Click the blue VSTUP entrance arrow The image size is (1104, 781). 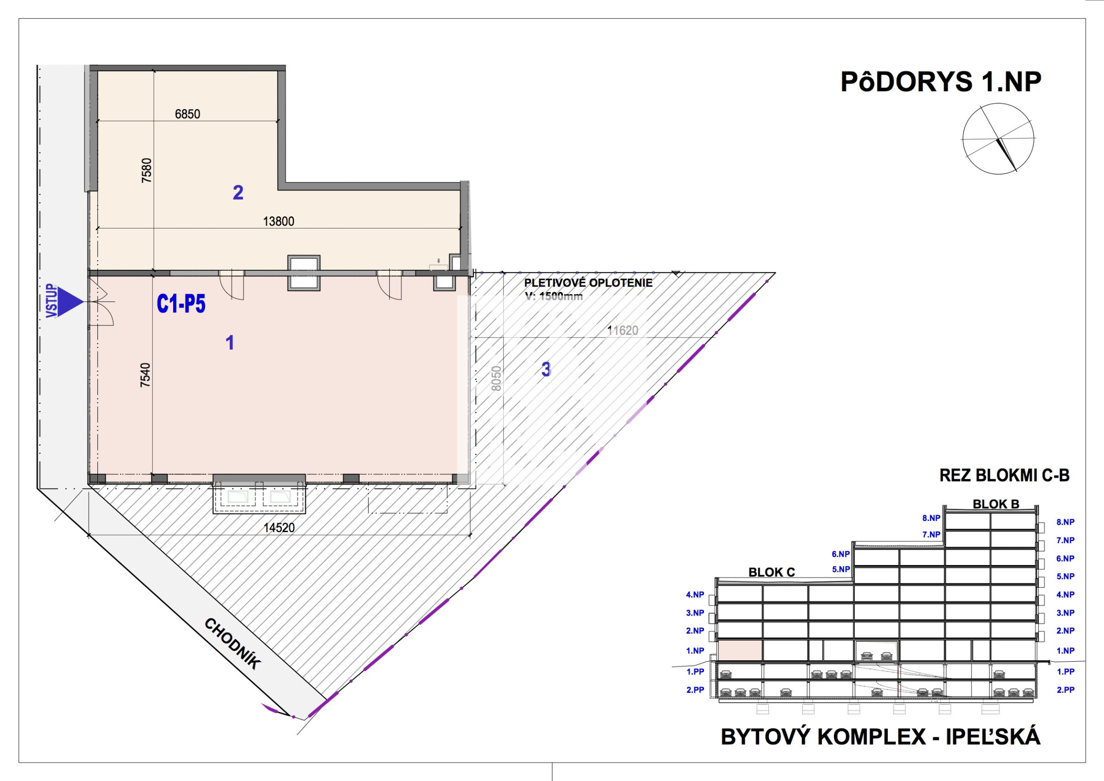click(x=70, y=302)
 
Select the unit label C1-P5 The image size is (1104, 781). click(x=181, y=304)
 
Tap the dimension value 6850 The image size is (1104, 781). click(x=187, y=114)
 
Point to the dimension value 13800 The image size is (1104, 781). click(x=278, y=221)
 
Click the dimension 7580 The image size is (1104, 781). click(x=147, y=170)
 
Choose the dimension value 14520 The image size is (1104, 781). click(x=279, y=528)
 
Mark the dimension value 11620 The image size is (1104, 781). click(x=623, y=331)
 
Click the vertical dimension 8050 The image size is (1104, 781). click(x=497, y=379)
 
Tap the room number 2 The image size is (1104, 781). click(x=238, y=193)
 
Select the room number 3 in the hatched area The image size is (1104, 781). click(x=546, y=370)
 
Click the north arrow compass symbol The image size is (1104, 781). click(x=998, y=138)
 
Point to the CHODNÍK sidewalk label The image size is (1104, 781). click(x=232, y=644)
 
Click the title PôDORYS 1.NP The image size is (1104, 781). click(x=941, y=82)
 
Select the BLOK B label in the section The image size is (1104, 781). click(x=996, y=504)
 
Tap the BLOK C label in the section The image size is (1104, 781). click(x=772, y=573)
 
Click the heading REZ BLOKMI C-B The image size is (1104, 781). click(x=1005, y=476)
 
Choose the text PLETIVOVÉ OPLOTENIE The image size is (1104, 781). click(x=588, y=283)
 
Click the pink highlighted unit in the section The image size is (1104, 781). click(x=740, y=651)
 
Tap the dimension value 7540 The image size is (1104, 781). click(x=145, y=375)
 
